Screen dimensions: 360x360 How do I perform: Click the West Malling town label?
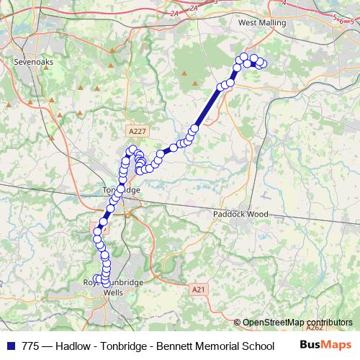click(x=262, y=23)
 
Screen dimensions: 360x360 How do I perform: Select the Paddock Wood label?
click(x=240, y=215)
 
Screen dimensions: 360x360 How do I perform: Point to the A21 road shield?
click(x=199, y=289)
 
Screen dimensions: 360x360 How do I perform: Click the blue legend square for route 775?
click(x=9, y=346)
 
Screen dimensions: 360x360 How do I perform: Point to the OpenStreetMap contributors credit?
click(x=297, y=323)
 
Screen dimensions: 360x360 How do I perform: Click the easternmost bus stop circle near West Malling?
click(x=263, y=64)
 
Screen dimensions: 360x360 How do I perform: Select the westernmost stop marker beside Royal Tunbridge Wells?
click(x=96, y=279)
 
